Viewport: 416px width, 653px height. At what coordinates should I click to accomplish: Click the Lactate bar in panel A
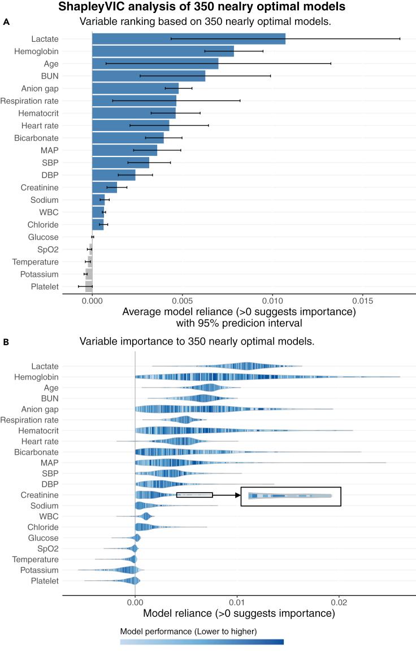(x=188, y=39)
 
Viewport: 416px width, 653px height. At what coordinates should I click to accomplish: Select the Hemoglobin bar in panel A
(x=163, y=51)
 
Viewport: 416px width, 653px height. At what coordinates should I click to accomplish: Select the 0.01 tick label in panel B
(x=237, y=602)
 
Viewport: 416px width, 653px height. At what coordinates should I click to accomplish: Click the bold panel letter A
(x=6, y=22)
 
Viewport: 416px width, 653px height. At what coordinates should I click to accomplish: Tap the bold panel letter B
(x=6, y=342)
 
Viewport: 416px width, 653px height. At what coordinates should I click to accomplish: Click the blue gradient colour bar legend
(x=202, y=642)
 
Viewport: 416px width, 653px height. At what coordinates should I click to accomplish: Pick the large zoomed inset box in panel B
(x=291, y=497)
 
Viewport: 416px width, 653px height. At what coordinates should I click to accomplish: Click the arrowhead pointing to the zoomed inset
(x=237, y=495)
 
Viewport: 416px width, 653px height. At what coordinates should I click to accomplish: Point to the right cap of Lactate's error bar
(x=400, y=39)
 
